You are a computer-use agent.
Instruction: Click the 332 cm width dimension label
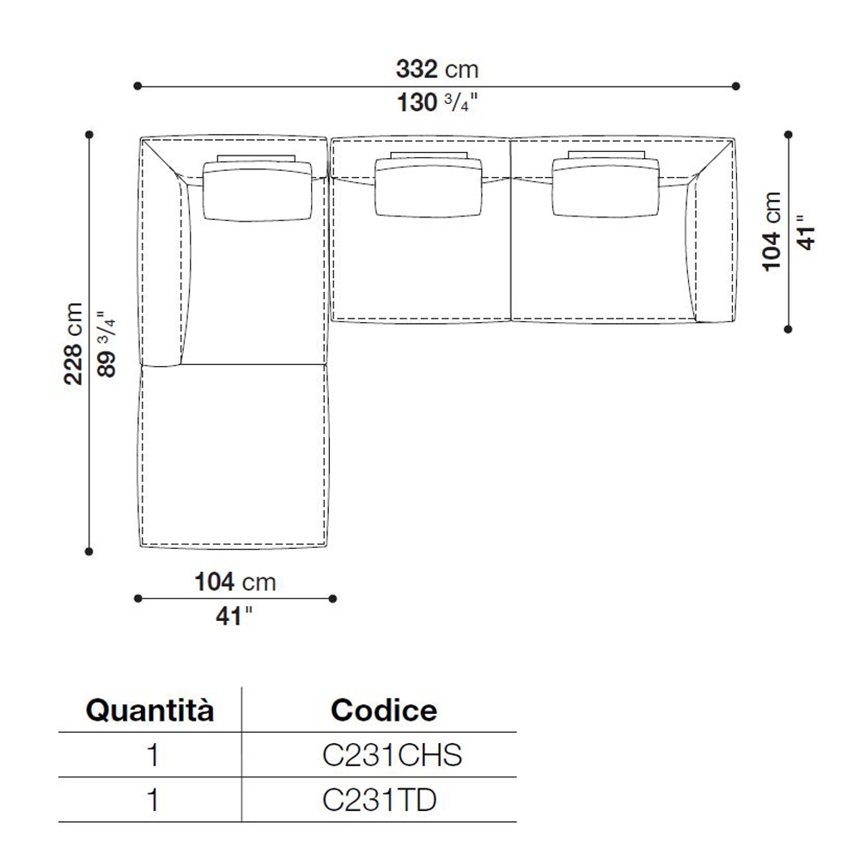(437, 70)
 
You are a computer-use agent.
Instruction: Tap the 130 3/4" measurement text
(437, 102)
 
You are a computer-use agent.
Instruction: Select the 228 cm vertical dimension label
(73, 344)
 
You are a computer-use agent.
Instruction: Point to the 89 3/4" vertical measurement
(107, 344)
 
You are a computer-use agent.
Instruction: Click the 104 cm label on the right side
(771, 231)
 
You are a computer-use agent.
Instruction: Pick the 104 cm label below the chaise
(235, 582)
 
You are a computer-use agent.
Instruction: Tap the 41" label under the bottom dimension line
(234, 616)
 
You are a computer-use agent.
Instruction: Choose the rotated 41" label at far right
(806, 232)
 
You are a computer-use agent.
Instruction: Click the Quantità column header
(149, 710)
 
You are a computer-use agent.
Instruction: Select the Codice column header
(384, 710)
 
